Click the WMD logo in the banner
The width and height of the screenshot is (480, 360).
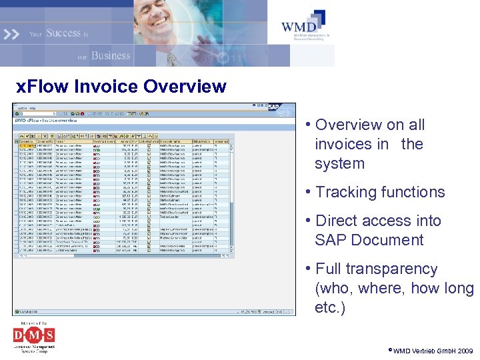[304, 25]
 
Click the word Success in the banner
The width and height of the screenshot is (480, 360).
[63, 33]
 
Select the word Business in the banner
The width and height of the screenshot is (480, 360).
[111, 55]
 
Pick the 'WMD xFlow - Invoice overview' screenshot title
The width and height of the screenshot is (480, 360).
[47, 121]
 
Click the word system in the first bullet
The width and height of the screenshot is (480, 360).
[339, 163]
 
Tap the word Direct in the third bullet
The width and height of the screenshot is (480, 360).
[337, 221]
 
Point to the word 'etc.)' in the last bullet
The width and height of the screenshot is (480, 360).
[330, 308]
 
